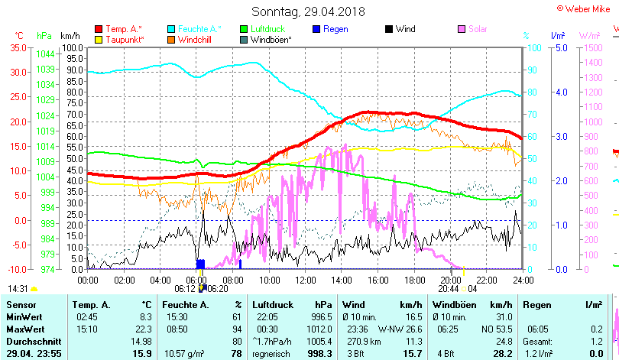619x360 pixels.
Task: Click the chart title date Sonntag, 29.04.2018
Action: pos(308,11)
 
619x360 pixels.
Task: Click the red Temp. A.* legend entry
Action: pos(125,29)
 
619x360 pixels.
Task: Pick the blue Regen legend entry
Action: pos(335,29)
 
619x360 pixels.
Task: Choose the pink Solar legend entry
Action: pos(478,29)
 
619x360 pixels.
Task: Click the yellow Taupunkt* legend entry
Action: pos(125,39)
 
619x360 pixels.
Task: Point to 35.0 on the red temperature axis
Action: pos(19,47)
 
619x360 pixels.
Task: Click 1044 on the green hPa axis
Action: pos(45,54)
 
